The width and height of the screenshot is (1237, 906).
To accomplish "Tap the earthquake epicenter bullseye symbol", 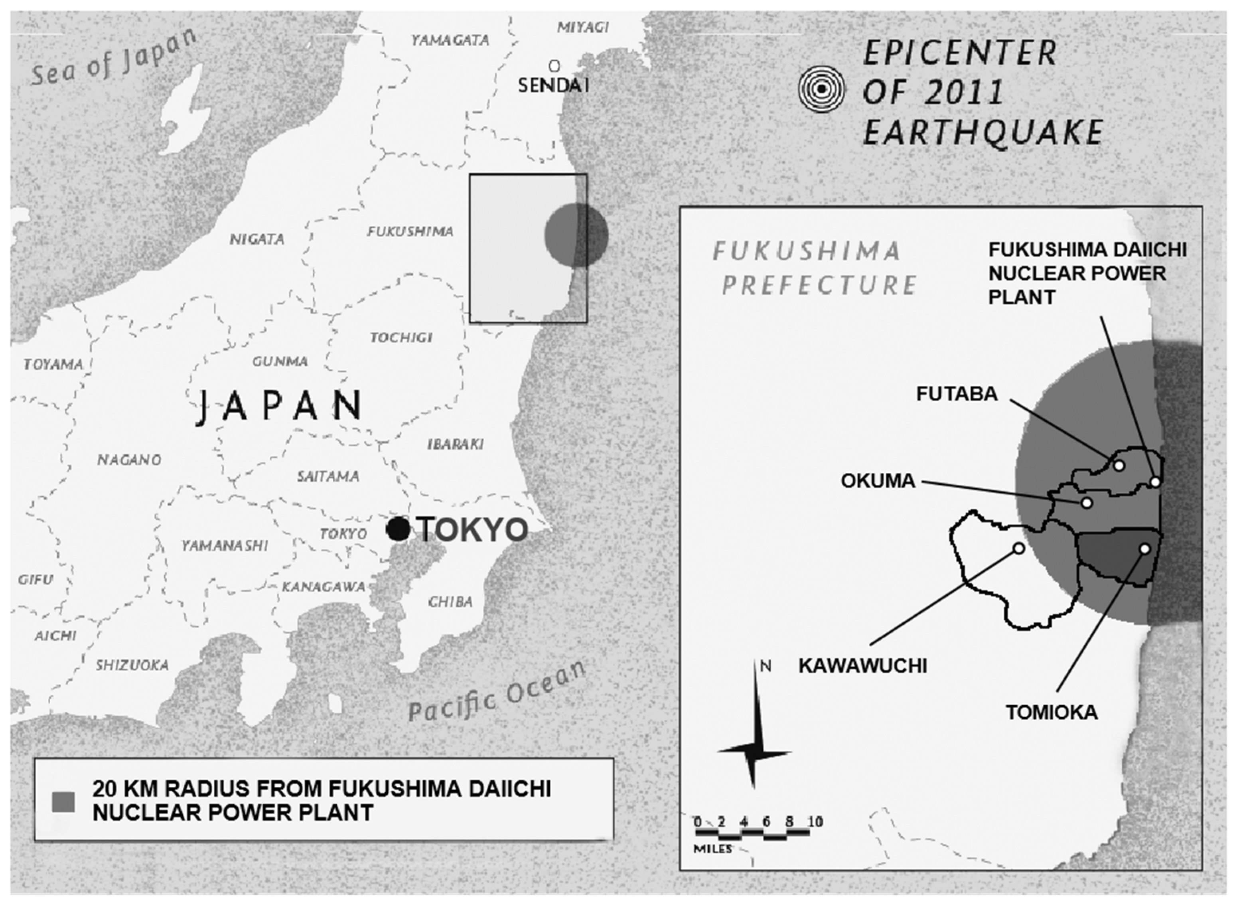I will [x=821, y=89].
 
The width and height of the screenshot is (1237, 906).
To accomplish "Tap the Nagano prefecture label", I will [x=129, y=460].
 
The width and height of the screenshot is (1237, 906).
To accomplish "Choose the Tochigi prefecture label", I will [x=401, y=337].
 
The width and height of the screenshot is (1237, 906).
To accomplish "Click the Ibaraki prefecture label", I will [x=455, y=444].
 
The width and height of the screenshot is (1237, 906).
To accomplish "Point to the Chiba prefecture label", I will [x=450, y=602].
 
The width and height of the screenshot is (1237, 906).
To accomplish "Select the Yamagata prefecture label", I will [x=450, y=40].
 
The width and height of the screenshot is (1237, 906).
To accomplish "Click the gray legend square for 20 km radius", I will [x=63, y=802].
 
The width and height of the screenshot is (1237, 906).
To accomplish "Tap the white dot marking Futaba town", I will [x=1119, y=466].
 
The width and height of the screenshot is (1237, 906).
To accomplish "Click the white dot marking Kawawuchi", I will [x=1019, y=548].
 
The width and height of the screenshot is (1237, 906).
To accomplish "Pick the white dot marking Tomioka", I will [x=1145, y=549].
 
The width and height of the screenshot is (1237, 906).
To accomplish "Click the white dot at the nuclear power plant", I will [x=1155, y=482].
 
